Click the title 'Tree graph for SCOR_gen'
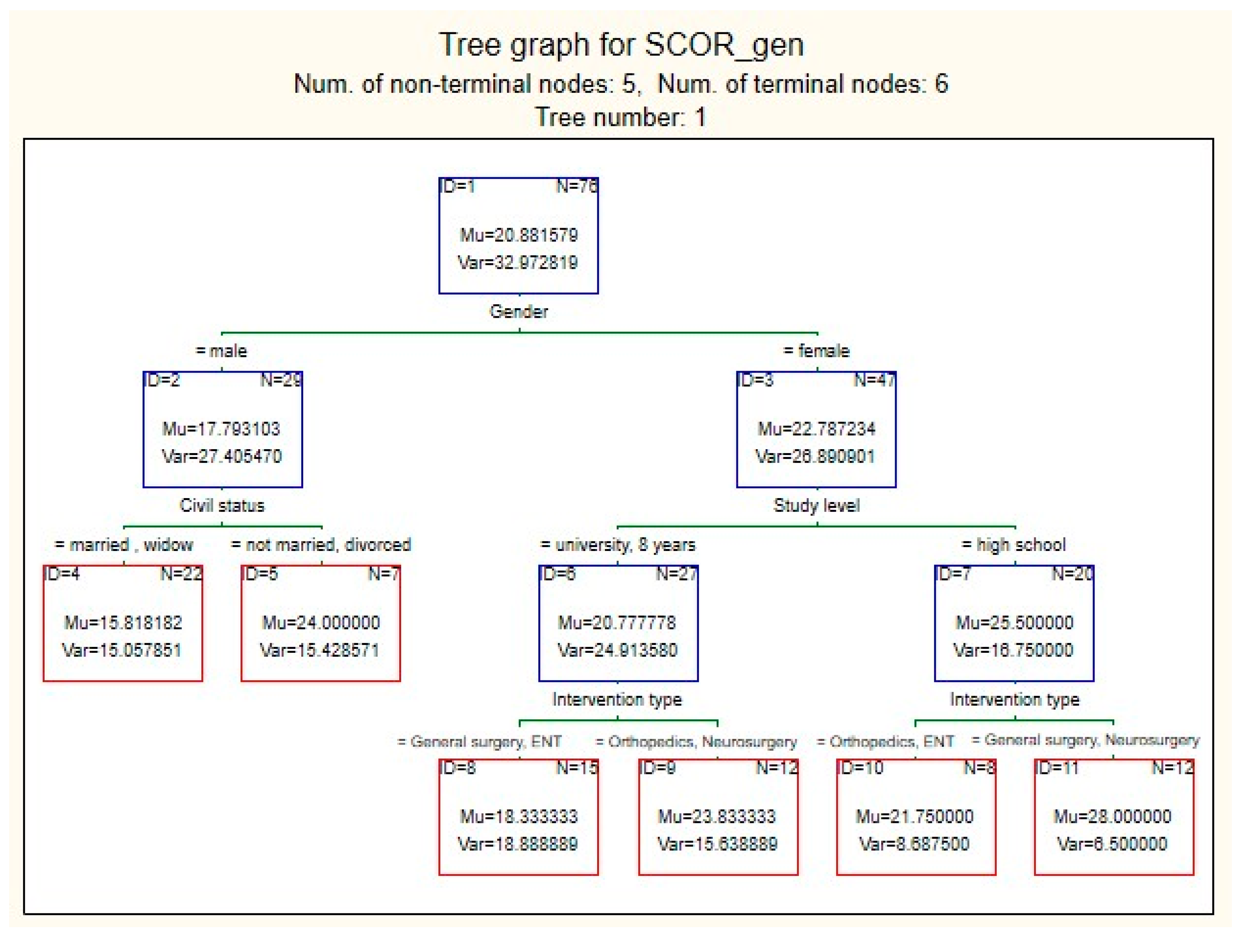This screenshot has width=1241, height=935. point(621,45)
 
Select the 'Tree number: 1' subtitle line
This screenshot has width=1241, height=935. point(621,117)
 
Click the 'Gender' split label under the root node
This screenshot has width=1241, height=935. point(518,311)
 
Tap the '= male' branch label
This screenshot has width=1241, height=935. point(222,351)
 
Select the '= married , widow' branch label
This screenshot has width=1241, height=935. point(124,545)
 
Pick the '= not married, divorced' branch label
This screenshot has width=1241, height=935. point(321,545)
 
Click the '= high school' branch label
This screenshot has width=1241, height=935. point(1014,545)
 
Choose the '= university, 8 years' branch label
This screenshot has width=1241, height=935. point(617,545)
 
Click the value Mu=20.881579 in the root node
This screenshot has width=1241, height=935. point(518,235)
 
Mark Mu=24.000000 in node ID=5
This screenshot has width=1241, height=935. point(321,622)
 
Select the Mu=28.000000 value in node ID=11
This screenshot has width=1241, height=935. point(1113,816)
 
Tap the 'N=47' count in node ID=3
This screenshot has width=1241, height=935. point(874,380)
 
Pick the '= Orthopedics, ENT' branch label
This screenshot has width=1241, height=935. point(885,742)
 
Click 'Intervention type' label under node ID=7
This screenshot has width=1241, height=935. point(1014,699)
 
